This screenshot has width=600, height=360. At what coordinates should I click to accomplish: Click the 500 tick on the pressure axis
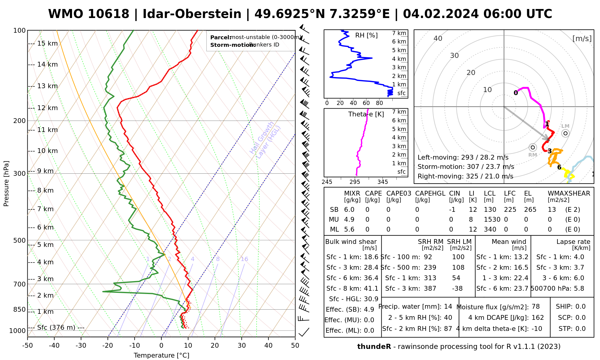20,240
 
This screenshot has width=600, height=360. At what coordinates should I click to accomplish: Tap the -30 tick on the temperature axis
81,346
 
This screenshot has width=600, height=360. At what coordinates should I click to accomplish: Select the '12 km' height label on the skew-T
47,108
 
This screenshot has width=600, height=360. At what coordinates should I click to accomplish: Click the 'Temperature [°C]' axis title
161,355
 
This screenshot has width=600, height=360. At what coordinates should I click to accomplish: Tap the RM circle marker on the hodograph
533,147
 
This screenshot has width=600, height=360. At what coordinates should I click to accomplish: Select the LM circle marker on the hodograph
565,133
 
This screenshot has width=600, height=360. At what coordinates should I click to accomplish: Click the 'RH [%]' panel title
366,35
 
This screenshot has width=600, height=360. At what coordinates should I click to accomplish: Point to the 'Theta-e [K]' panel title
366,114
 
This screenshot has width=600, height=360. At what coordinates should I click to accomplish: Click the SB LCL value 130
490,210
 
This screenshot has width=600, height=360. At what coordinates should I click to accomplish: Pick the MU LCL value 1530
492,220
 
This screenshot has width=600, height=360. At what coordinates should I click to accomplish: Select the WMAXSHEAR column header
569,193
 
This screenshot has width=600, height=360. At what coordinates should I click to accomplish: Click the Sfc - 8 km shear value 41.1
371,289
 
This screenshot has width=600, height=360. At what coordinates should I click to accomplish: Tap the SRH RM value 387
430,289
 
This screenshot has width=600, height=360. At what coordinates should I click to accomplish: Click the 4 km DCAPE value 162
538,318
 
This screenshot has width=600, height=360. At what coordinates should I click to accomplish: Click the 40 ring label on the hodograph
438,38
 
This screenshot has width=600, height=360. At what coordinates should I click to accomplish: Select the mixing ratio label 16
244,259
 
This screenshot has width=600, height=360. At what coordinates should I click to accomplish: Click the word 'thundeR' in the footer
374,347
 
